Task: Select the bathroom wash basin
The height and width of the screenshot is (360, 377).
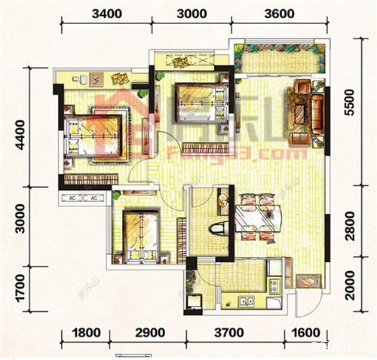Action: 223,200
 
